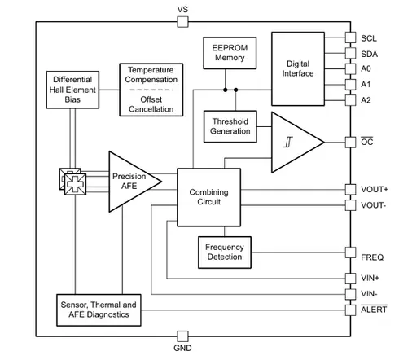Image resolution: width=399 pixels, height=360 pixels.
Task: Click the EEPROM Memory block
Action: [230, 53]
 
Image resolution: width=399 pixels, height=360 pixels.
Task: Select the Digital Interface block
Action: [298, 68]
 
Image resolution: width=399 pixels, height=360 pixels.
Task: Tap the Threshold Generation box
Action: [230, 126]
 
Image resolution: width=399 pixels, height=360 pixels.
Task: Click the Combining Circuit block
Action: [208, 197]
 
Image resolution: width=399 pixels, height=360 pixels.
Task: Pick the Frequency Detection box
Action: [225, 252]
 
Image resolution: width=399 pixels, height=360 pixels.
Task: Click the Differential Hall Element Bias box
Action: [72, 90]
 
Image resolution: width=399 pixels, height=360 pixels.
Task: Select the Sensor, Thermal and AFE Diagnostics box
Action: [99, 310]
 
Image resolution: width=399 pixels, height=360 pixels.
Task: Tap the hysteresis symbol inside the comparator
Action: [288, 142]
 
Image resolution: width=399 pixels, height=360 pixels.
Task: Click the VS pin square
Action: [182, 22]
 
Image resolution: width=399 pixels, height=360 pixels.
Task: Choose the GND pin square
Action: [182, 336]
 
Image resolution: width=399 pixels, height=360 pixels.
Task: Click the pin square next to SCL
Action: [350, 37]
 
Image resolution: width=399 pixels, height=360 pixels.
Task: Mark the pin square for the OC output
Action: [350, 143]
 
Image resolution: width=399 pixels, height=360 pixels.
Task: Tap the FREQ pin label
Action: [372, 257]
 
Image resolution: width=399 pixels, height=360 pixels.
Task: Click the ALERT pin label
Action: [374, 310]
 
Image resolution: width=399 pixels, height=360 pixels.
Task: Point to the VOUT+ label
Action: [375, 189]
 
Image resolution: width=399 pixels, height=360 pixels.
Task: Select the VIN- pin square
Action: [350, 294]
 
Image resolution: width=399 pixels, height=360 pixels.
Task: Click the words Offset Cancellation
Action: [151, 104]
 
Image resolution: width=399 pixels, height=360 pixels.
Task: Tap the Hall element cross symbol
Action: [75, 184]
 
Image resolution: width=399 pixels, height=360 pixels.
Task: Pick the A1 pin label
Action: [366, 85]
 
